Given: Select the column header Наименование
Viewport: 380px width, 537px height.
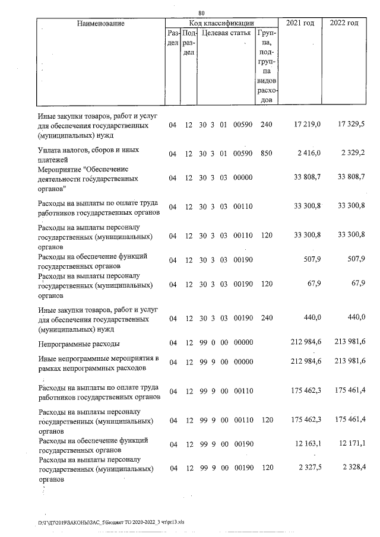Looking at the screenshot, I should [x=100, y=23].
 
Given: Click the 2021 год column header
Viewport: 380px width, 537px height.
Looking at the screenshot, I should [x=301, y=23].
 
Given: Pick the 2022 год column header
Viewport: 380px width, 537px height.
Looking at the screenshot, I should [x=344, y=23].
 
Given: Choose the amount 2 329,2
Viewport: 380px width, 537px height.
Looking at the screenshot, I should [x=352, y=153].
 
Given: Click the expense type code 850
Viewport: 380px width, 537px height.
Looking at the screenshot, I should [x=266, y=153].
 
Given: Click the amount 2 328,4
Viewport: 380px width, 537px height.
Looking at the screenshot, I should [x=352, y=468].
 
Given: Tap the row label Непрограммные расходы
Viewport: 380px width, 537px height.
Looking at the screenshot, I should [x=78, y=344].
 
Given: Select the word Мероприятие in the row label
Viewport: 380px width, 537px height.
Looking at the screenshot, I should [x=59, y=169].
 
